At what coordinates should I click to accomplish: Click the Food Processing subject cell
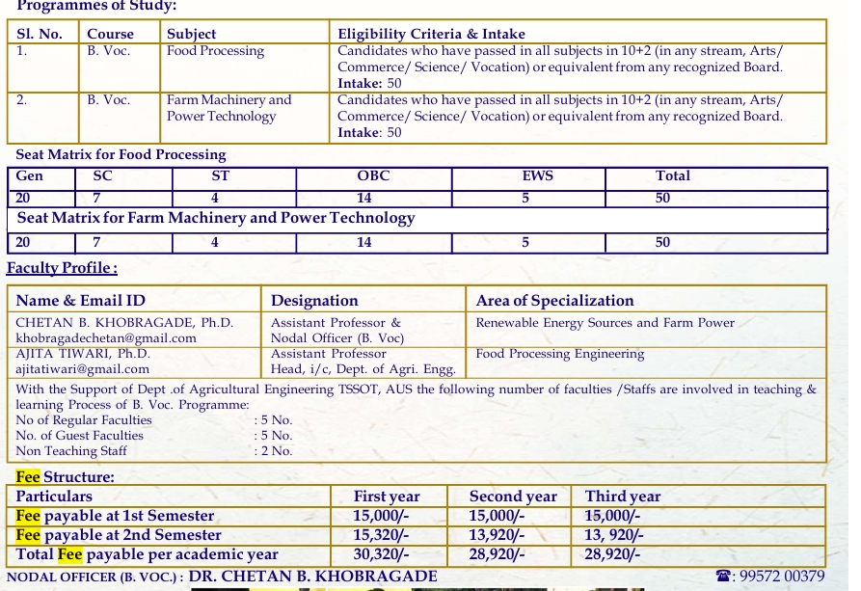point(215,51)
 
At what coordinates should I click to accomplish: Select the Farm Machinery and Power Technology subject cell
point(229,108)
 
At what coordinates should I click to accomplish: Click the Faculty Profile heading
point(62,268)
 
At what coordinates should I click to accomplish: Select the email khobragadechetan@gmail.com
point(106,338)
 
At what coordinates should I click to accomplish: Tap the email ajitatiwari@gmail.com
point(83,369)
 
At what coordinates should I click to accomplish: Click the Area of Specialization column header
point(554,301)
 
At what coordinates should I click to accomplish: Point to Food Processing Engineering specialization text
point(559,354)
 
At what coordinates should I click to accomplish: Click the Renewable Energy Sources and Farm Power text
point(605,323)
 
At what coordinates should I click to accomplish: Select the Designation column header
point(314,301)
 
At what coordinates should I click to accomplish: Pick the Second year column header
point(513,497)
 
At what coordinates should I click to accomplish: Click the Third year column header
point(623,497)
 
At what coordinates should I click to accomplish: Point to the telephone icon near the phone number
point(724,577)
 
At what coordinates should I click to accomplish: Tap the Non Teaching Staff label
point(71,451)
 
